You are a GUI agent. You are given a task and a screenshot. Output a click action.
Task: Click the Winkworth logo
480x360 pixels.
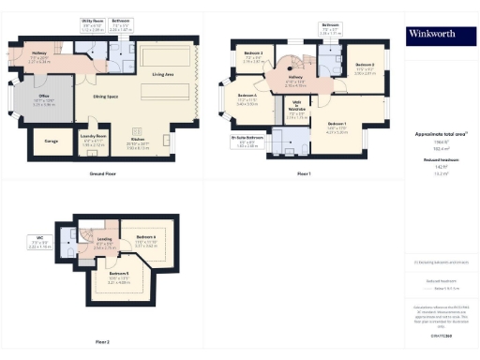pos(439,36)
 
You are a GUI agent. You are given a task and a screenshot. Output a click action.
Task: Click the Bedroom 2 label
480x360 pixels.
pos(365,65)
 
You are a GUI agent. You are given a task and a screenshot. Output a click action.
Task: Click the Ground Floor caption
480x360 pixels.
pos(104,174)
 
